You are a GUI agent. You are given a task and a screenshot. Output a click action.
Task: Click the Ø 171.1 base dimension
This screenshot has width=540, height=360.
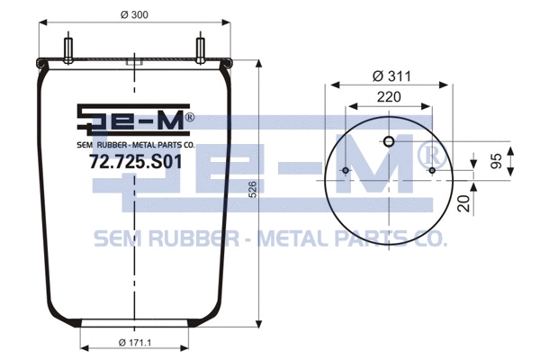135,342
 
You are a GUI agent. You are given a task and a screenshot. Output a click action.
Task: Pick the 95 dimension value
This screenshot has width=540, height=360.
520,163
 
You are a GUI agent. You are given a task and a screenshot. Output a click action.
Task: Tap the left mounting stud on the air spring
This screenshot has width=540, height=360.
68,49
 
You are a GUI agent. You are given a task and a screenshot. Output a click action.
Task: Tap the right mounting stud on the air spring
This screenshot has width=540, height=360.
199,49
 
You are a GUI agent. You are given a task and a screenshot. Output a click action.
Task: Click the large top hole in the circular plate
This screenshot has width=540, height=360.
389,141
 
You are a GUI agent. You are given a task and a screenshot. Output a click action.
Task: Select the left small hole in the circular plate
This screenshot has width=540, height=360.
346,171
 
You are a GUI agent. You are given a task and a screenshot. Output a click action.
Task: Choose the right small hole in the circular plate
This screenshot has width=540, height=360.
432,171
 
